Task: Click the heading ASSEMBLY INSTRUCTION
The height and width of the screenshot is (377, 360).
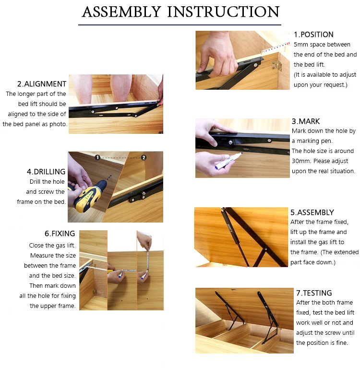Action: coord(180,12)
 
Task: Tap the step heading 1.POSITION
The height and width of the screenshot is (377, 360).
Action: coord(313,35)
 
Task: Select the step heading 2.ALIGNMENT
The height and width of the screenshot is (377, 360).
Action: coord(42,83)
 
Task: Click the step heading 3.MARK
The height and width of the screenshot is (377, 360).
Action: coord(306,121)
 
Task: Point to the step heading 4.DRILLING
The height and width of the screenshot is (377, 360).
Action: coord(46,171)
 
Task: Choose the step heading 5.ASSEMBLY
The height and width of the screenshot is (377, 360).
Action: coord(312,212)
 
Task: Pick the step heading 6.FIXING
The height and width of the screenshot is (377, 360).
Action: coord(60,234)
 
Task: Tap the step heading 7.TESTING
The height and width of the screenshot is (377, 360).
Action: coord(314,293)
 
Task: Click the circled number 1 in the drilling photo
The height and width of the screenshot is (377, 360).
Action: coord(97,157)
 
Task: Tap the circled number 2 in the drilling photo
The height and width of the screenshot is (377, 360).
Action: coord(143,157)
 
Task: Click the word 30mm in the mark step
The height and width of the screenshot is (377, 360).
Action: coord(300,161)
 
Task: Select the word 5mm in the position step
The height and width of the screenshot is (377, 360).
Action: coord(300,45)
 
